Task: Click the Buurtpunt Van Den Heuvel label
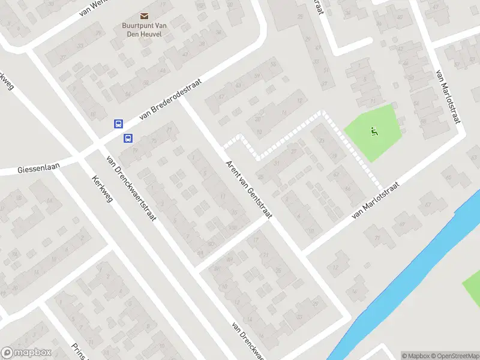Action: [x=143, y=31]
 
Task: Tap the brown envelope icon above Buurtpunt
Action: [x=144, y=16]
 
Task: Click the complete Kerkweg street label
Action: [x=103, y=188]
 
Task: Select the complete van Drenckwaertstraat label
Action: [x=131, y=188]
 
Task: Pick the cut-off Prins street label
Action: [x=79, y=352]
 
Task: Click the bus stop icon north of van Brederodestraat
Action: [x=118, y=124]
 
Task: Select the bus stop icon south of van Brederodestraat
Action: [x=128, y=139]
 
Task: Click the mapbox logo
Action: [x=26, y=353]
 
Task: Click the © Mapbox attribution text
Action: [x=418, y=356]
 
